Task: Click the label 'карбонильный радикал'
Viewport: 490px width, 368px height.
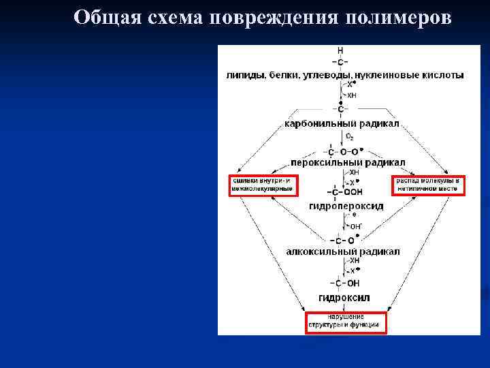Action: click(342, 125)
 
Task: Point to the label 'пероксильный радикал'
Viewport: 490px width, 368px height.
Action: click(348, 163)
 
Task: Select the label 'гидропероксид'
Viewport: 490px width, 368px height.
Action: click(345, 206)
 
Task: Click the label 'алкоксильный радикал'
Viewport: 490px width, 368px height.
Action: click(342, 251)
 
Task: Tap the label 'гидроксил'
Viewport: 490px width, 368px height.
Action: click(344, 298)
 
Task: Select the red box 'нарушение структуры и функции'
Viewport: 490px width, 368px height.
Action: click(345, 322)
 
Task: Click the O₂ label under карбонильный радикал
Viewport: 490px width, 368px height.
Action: click(350, 137)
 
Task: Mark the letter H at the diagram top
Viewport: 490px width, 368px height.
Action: click(340, 51)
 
